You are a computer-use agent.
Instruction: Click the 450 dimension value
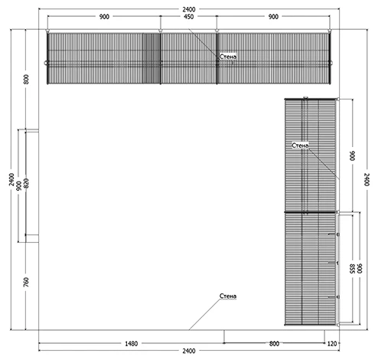188,17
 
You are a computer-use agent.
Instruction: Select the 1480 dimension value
132,344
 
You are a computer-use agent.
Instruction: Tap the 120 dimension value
332,344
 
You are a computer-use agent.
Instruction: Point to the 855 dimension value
352,269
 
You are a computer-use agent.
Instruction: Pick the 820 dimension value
26,183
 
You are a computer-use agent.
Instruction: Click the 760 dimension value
26,282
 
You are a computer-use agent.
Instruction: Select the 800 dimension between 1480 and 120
274,344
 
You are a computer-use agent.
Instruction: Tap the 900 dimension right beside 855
360,269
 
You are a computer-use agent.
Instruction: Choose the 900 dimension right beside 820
19,186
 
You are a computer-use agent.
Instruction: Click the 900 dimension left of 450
104,17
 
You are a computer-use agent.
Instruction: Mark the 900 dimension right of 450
273,17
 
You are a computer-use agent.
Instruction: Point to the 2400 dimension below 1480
189,351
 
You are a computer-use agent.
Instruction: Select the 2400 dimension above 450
189,9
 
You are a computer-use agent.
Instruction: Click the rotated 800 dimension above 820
26,79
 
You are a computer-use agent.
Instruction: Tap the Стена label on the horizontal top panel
228,57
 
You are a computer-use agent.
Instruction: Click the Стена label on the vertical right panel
300,146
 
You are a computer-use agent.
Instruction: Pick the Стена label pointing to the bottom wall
228,296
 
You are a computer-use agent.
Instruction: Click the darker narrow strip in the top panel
152,58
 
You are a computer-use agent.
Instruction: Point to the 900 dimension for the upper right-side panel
352,155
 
